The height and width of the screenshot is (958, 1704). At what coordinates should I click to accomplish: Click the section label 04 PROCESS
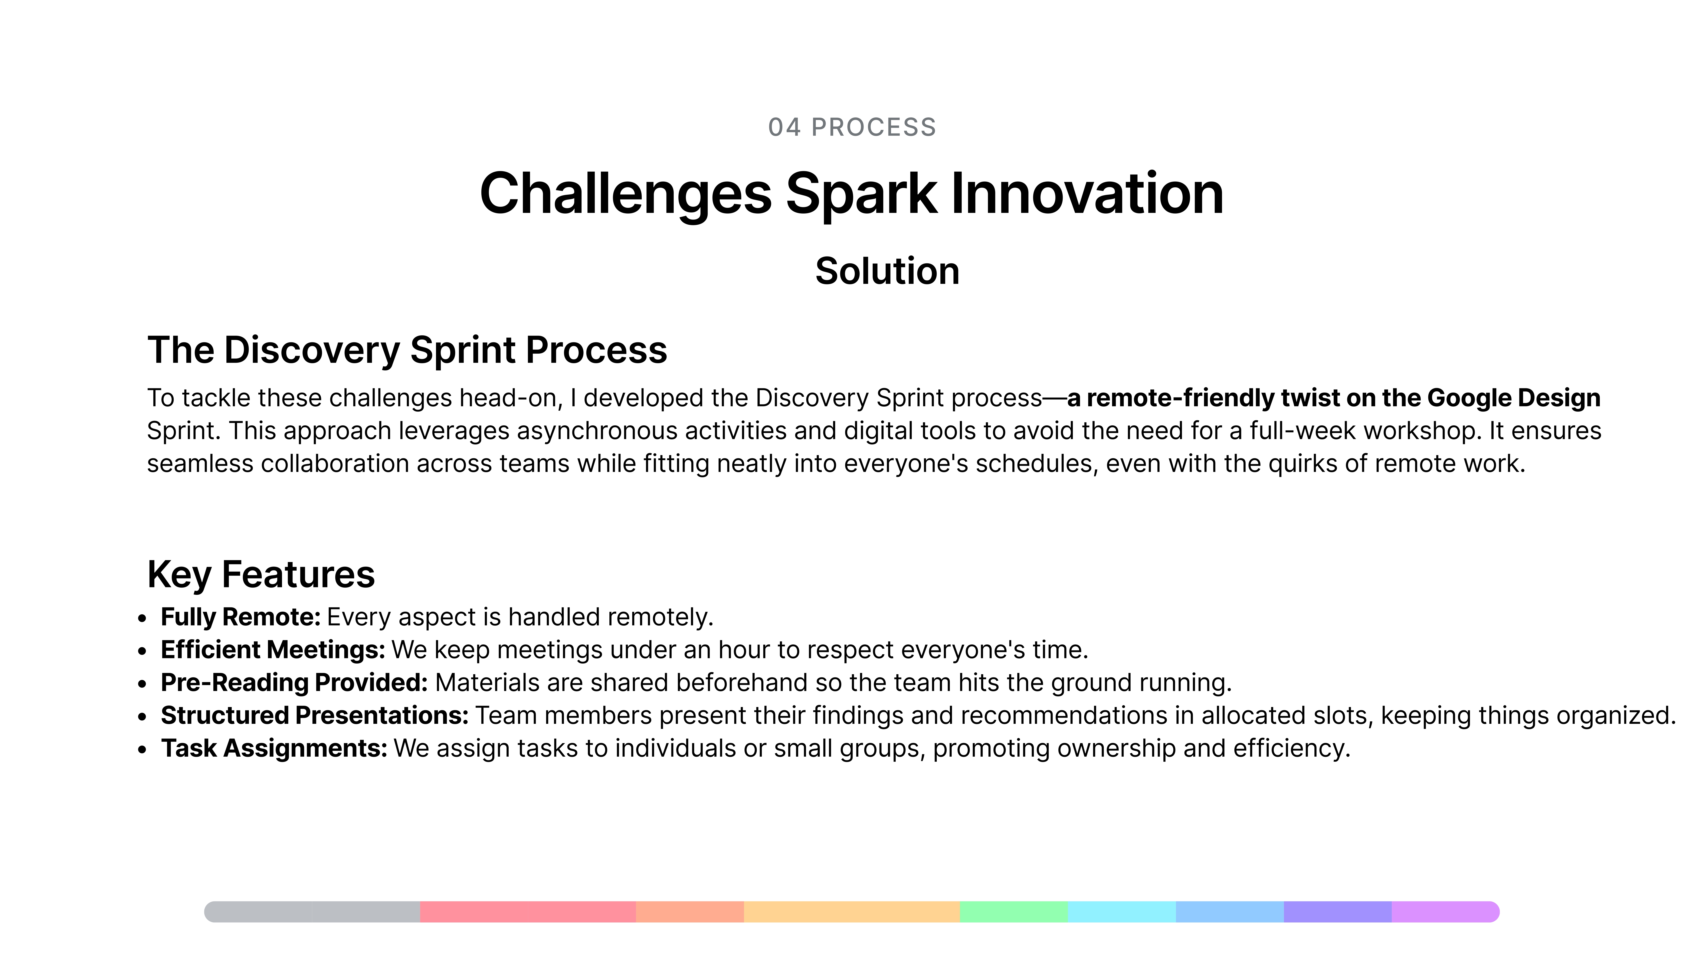(x=852, y=127)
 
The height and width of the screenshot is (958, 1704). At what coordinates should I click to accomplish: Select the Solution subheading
(x=887, y=271)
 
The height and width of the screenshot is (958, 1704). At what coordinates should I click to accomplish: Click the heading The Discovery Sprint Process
(x=407, y=350)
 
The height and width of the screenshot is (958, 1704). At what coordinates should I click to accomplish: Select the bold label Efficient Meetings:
(x=273, y=650)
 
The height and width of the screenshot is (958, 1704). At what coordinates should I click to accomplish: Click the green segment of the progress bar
(x=1013, y=912)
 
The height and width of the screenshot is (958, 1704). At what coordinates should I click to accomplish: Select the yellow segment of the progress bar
(x=852, y=912)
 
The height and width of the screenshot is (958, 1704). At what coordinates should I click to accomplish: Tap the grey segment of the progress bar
(x=312, y=912)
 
